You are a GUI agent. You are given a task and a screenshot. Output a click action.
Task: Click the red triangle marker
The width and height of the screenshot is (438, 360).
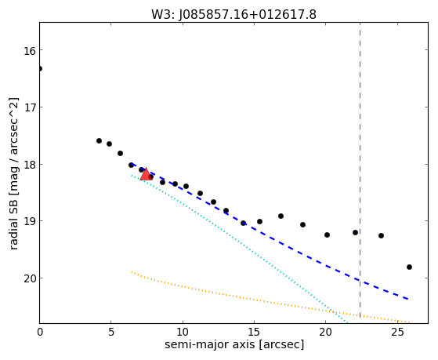[146, 174]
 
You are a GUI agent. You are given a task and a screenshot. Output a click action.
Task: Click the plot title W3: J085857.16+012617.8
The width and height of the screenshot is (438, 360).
[233, 15]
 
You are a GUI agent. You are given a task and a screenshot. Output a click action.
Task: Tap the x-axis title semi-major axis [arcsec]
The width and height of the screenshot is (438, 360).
[234, 344]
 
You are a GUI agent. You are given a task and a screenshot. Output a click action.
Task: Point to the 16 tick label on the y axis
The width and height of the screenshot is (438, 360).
[30, 51]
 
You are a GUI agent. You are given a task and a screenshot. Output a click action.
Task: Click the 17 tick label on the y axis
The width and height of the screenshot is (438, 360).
[30, 107]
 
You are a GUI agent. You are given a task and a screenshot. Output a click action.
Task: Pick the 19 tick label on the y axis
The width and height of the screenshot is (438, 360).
[30, 221]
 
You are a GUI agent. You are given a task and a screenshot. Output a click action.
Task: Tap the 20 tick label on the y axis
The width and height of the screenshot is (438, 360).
[30, 278]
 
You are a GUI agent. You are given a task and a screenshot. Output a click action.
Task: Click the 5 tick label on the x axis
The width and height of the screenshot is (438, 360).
[111, 333]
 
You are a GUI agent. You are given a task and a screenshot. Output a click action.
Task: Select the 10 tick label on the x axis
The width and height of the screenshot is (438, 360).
[183, 333]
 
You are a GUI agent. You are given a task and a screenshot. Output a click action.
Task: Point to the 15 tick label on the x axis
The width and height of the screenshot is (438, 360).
[254, 333]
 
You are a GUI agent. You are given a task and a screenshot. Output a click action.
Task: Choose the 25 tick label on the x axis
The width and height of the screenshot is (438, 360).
[397, 333]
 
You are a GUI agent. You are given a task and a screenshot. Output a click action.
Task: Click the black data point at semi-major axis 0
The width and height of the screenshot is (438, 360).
[40, 69]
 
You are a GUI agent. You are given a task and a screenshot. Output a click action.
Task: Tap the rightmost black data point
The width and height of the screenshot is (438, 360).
[409, 267]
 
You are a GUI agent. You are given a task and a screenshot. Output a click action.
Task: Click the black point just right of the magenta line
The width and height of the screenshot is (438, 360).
[381, 236]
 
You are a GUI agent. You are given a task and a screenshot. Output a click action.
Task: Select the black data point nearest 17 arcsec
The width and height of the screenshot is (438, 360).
[281, 216]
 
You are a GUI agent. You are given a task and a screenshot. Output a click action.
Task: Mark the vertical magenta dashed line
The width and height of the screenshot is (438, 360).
[360, 171]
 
